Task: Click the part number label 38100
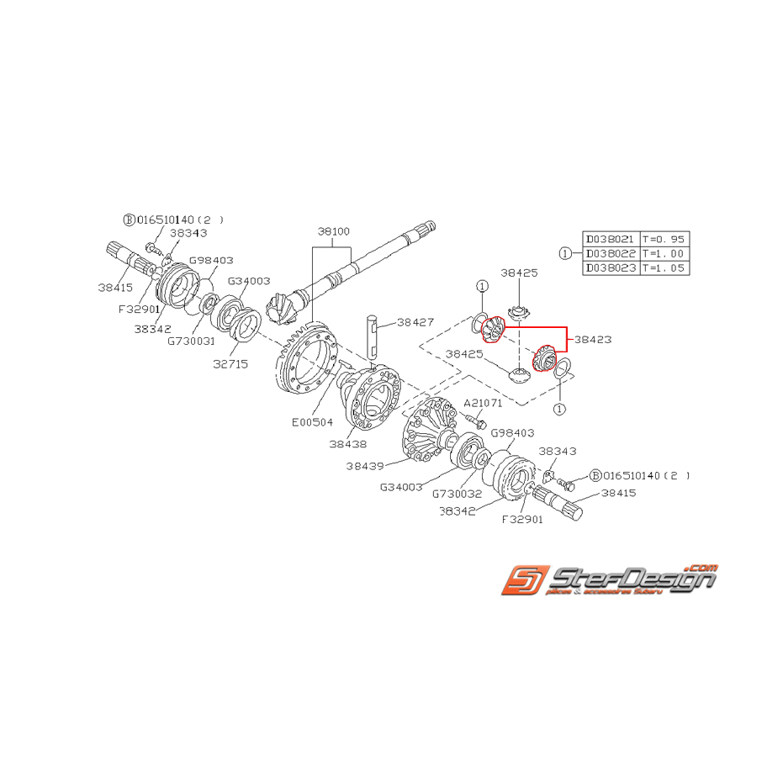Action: tap(333, 231)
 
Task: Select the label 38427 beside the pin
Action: tap(415, 322)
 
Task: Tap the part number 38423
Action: tap(592, 340)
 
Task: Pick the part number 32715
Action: tap(230, 364)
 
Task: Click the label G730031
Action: tap(191, 341)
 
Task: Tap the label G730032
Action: tap(457, 494)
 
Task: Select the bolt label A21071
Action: tap(483, 404)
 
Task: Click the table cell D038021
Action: tap(611, 239)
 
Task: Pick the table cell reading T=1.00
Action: tap(663, 253)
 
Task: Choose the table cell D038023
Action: tap(611, 267)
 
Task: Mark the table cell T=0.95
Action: tap(663, 239)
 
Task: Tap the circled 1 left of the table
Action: tap(565, 253)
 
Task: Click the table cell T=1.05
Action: tap(663, 267)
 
